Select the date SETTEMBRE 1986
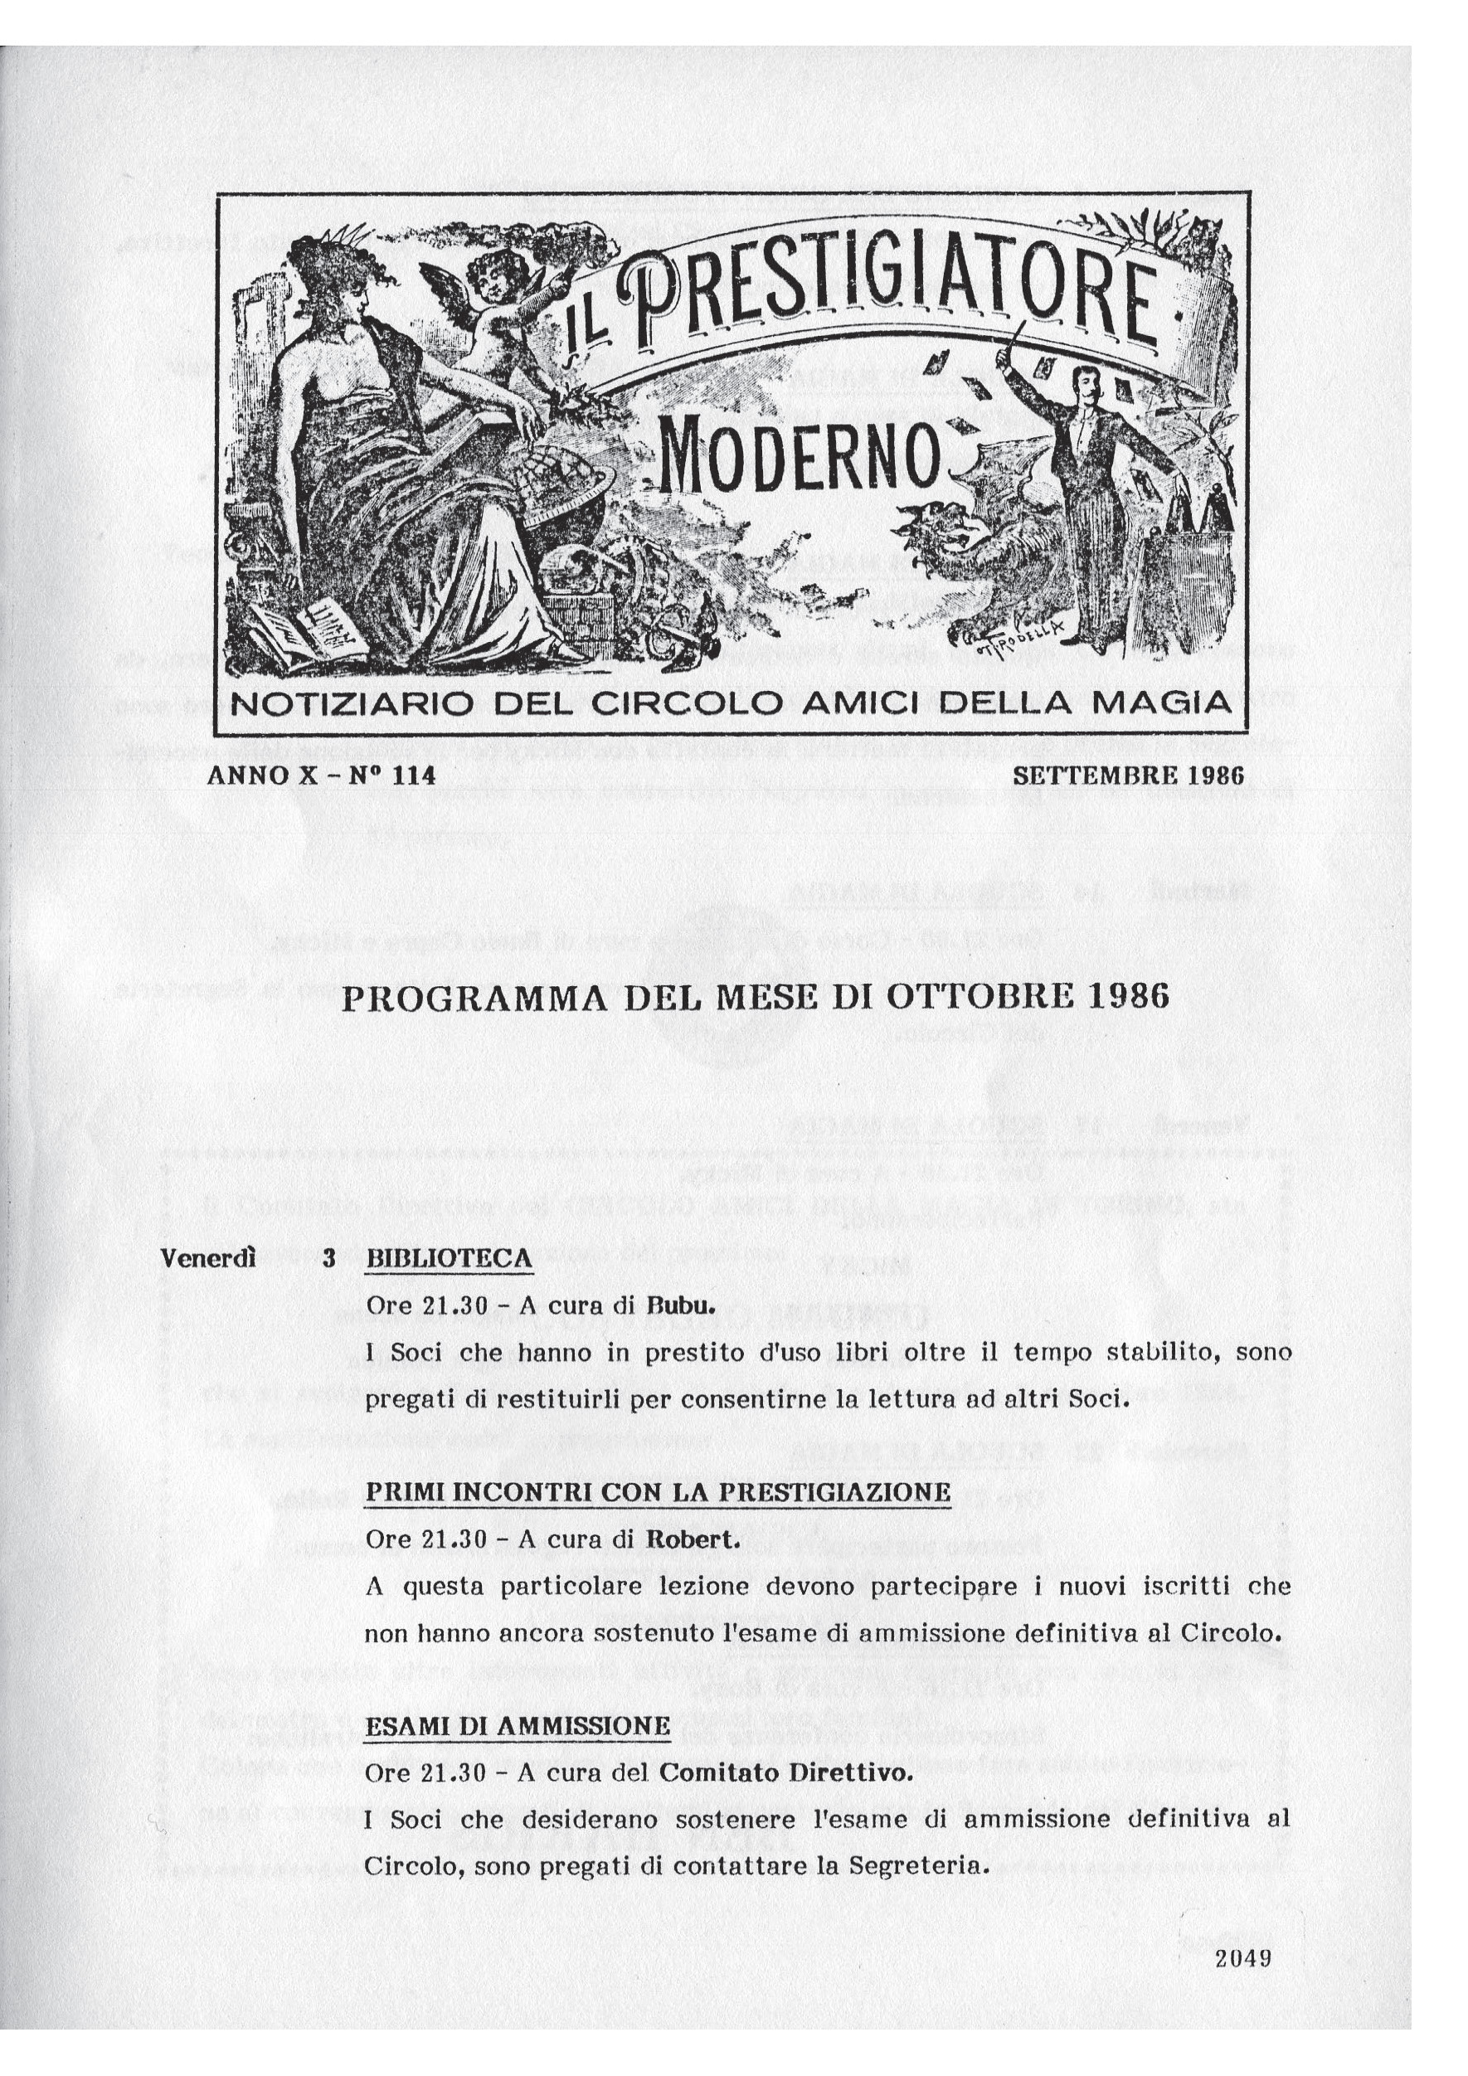pos(1128,775)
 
